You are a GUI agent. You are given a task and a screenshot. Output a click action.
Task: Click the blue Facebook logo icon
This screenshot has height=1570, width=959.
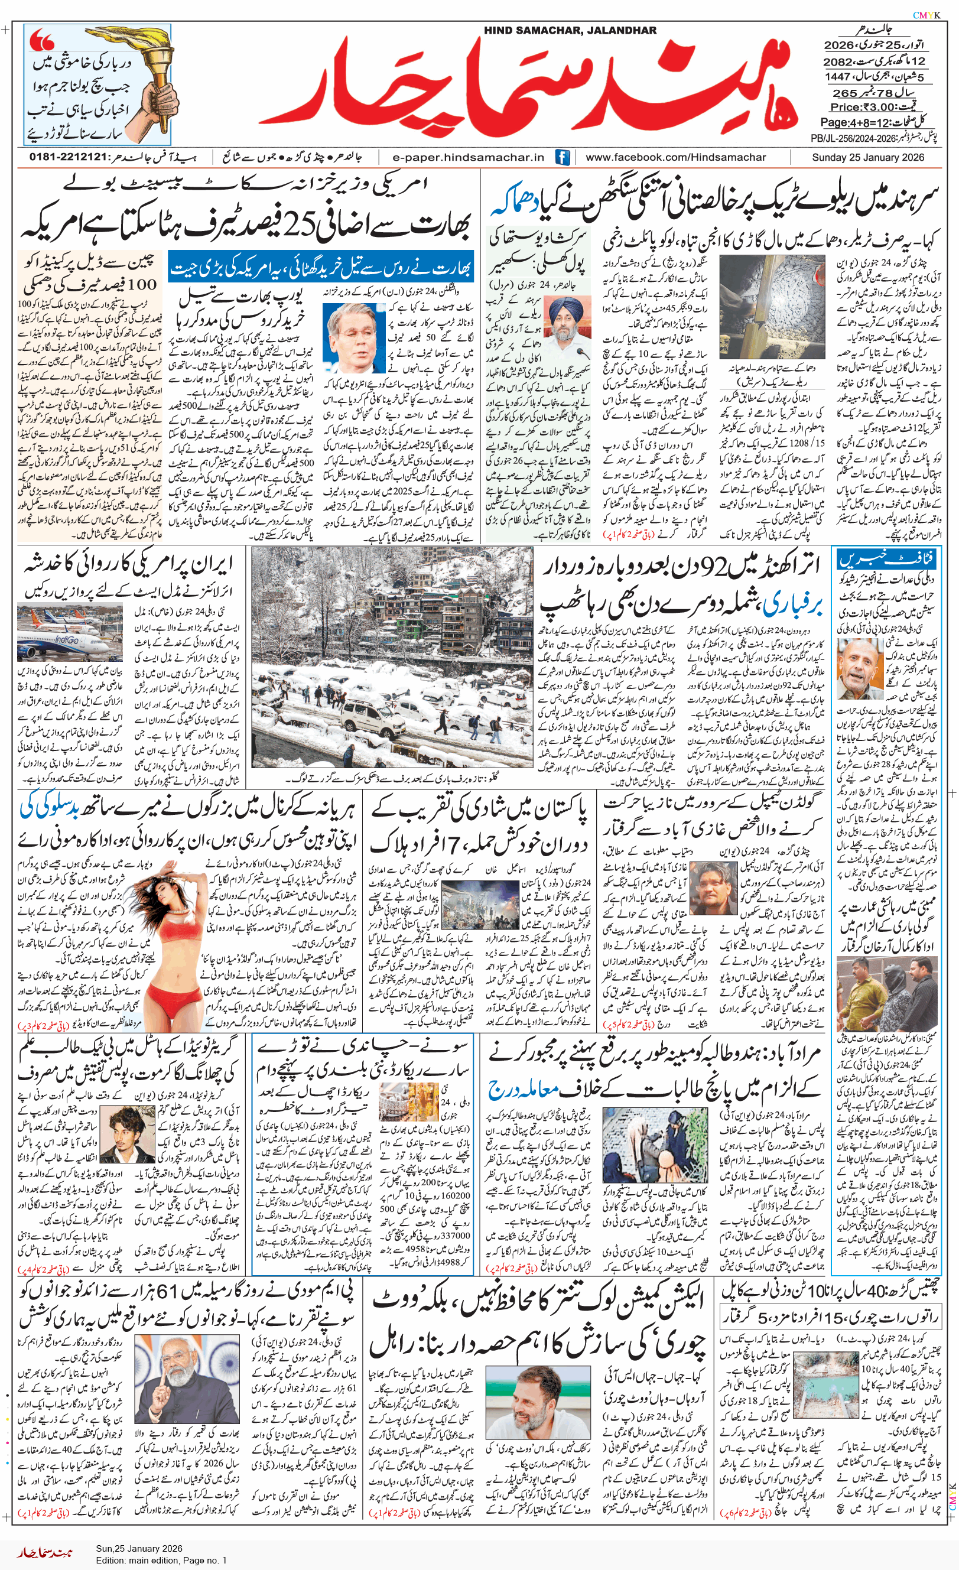tap(562, 157)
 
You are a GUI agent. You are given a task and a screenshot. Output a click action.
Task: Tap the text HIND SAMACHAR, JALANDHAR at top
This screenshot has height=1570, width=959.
tap(570, 30)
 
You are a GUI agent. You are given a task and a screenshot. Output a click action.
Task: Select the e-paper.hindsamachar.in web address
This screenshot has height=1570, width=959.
tap(469, 157)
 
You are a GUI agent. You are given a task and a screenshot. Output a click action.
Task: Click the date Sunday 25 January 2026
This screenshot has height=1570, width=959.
tap(867, 157)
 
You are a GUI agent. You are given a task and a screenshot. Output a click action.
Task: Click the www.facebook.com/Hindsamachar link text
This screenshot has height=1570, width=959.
tap(675, 157)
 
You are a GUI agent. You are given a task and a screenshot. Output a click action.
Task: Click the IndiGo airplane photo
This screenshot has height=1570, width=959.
tap(70, 633)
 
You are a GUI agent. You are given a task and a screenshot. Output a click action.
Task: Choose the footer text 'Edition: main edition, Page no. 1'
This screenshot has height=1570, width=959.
tap(161, 1560)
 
